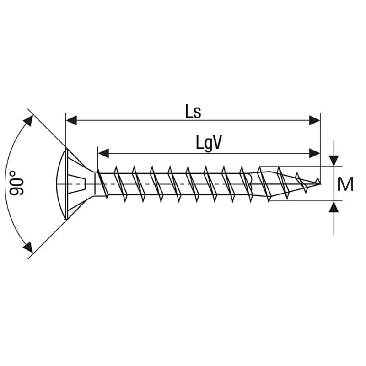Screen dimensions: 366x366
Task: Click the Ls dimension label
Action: [193, 111]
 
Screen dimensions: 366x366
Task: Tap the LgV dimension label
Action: [208, 144]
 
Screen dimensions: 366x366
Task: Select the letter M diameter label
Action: [345, 184]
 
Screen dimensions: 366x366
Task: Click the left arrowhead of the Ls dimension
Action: [72, 120]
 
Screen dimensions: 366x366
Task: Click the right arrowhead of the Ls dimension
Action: [315, 120]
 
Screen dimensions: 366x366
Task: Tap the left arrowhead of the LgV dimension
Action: [104, 153]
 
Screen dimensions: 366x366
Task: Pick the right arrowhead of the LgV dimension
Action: [315, 153]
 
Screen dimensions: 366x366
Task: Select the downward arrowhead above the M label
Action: [334, 161]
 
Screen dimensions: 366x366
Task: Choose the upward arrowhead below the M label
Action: [334, 207]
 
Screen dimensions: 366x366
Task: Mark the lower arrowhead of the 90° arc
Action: [28, 247]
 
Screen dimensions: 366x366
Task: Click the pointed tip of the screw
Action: [320, 184]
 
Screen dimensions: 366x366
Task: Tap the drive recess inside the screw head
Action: [76, 184]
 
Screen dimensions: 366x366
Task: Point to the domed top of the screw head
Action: [60, 184]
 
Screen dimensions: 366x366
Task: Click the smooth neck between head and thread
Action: [96, 184]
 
